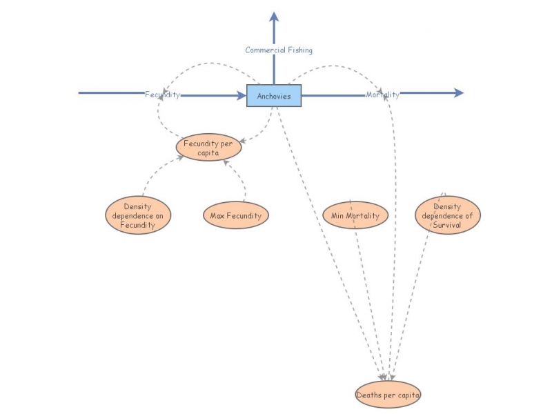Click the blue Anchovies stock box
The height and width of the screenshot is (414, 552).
click(274, 96)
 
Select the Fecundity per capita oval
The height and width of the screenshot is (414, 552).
click(208, 147)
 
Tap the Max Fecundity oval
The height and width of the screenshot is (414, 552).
click(235, 215)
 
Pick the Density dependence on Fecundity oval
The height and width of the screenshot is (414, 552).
click(138, 215)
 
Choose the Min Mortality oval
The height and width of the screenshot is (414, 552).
click(355, 215)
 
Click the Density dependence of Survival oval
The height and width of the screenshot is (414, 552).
click(448, 215)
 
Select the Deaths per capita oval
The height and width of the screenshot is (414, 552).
click(388, 395)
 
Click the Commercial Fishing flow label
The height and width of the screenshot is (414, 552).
click(279, 50)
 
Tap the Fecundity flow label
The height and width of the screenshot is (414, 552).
click(162, 95)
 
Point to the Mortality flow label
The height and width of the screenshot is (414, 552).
click(382, 95)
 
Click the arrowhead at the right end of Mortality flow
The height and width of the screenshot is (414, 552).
click(459, 93)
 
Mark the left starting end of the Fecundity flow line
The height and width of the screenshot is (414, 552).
click(80, 92)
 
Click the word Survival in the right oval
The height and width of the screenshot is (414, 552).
click(447, 224)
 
